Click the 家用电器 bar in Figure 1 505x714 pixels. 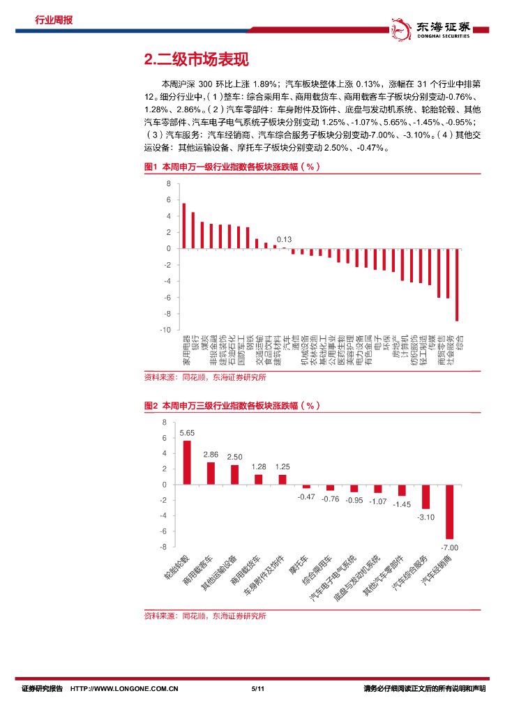click(x=183, y=226)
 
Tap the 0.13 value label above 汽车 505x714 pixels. click(x=284, y=239)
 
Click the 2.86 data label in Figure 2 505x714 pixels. click(x=211, y=454)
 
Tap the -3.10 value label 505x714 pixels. click(x=425, y=517)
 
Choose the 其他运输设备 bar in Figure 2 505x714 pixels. click(x=234, y=475)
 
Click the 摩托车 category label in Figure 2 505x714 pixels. click(x=299, y=566)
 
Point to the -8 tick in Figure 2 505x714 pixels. click(x=164, y=547)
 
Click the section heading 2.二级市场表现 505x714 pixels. click(x=195, y=59)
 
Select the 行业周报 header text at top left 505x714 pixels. click(x=54, y=20)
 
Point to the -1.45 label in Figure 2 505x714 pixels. click(x=402, y=503)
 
